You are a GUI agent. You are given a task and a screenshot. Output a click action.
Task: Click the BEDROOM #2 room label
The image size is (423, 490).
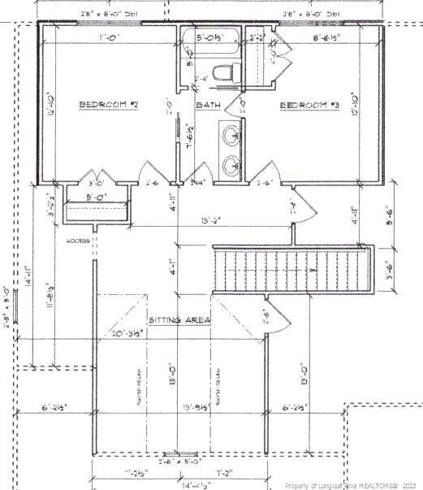click(x=110, y=105)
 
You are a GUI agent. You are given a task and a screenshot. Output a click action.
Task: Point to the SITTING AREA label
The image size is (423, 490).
click(x=179, y=320)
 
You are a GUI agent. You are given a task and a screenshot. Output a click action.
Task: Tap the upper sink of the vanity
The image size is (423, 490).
click(x=230, y=134)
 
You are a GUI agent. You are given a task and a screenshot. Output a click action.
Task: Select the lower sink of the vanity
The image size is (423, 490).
click(x=230, y=163)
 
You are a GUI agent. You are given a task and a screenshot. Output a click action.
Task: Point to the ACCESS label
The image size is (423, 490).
click(x=79, y=241)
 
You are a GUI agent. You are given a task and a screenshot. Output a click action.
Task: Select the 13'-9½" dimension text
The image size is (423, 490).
click(x=197, y=408)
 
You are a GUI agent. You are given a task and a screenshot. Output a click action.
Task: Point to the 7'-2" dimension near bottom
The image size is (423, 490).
click(x=224, y=471)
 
